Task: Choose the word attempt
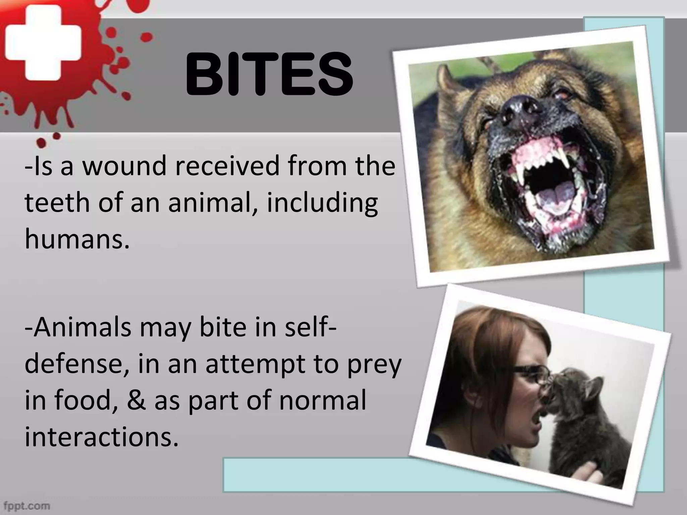pyautogui.click(x=255, y=365)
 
